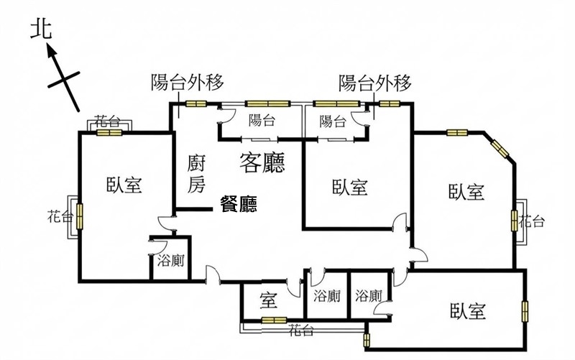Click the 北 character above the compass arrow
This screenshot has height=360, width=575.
click(x=41, y=29)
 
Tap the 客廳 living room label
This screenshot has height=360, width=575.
click(x=262, y=162)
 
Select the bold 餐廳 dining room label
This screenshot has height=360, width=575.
click(x=239, y=204)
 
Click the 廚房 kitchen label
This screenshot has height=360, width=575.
click(x=196, y=173)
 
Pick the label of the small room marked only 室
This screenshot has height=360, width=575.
click(x=269, y=300)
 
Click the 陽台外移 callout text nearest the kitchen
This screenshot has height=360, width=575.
click(x=188, y=82)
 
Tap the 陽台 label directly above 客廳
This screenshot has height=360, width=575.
click(x=262, y=120)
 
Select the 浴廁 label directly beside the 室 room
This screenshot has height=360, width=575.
click(x=327, y=296)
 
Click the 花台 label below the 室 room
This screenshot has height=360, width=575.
click(x=300, y=331)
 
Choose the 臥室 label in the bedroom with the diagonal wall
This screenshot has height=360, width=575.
click(x=466, y=192)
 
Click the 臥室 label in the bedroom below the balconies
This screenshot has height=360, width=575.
click(x=350, y=187)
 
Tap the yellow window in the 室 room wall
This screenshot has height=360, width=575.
click(x=274, y=320)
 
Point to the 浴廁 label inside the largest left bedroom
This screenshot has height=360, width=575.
click(x=170, y=261)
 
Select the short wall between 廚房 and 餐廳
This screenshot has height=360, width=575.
click(x=193, y=209)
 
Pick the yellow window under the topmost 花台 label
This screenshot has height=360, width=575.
click(x=109, y=132)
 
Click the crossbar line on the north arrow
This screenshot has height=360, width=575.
click(x=64, y=80)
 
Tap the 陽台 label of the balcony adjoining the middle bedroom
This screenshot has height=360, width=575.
click(x=333, y=121)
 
